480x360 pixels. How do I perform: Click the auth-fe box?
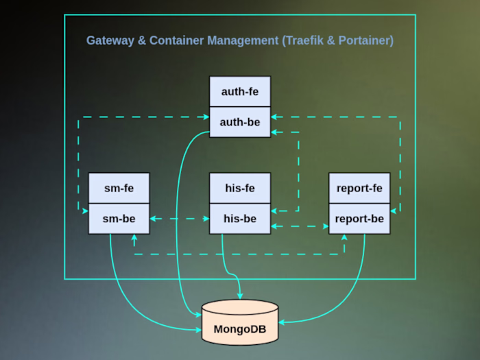(x=240, y=91)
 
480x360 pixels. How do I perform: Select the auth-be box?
(x=240, y=122)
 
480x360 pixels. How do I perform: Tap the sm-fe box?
(x=119, y=188)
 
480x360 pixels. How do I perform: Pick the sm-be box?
(x=119, y=219)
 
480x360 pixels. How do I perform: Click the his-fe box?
(x=240, y=188)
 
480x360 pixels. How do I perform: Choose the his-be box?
(x=240, y=219)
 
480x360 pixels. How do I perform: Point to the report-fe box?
(x=360, y=188)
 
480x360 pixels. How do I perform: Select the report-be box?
(x=360, y=219)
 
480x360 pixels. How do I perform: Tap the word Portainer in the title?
(x=364, y=40)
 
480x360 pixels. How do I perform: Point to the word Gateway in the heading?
(x=110, y=40)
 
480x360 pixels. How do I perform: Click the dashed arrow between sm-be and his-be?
(x=179, y=219)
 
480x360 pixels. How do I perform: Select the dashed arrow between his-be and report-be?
(x=300, y=226)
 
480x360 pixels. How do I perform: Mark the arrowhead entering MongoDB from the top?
(x=239, y=296)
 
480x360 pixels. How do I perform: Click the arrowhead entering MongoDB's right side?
(x=282, y=321)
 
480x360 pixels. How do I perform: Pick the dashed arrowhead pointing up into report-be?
(x=344, y=237)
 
